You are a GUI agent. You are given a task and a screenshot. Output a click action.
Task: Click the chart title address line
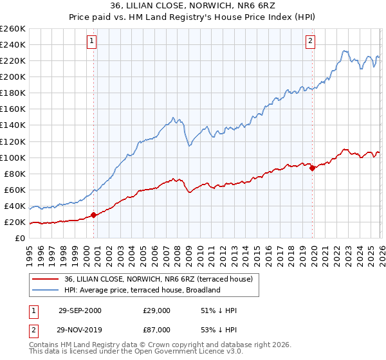click(193, 6)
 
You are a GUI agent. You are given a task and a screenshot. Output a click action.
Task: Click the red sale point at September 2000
click(94, 215)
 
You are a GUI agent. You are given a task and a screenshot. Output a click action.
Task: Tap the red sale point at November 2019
click(313, 168)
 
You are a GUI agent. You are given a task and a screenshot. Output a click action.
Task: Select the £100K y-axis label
click(13, 157)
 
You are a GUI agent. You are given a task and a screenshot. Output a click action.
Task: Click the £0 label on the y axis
click(21, 238)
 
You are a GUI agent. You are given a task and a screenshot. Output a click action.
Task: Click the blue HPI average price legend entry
click(142, 290)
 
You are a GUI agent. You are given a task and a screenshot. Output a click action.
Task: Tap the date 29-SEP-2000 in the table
click(80, 310)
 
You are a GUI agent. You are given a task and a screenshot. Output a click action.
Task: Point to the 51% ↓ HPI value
click(219, 310)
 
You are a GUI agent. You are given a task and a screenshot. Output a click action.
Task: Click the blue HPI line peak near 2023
click(345, 51)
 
